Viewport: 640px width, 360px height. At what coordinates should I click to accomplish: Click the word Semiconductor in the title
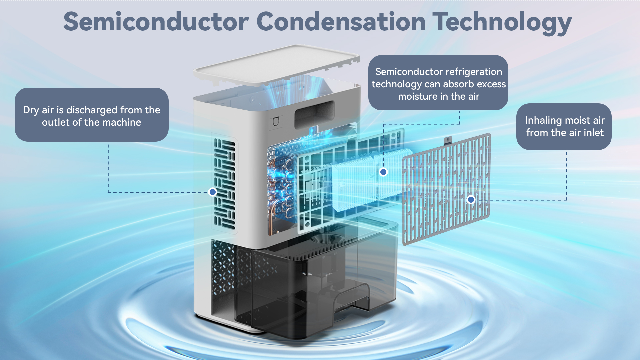pos(156,22)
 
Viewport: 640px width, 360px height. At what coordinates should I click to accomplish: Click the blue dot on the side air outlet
pos(212,192)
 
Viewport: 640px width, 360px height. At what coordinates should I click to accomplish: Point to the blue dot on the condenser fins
pos(383,172)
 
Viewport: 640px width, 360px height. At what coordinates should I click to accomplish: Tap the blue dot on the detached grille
pos(471,200)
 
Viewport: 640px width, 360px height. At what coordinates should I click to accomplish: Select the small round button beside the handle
pos(276,122)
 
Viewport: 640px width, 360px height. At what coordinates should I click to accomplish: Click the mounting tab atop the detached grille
pos(448,140)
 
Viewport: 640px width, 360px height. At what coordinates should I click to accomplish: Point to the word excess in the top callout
pos(491,84)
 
